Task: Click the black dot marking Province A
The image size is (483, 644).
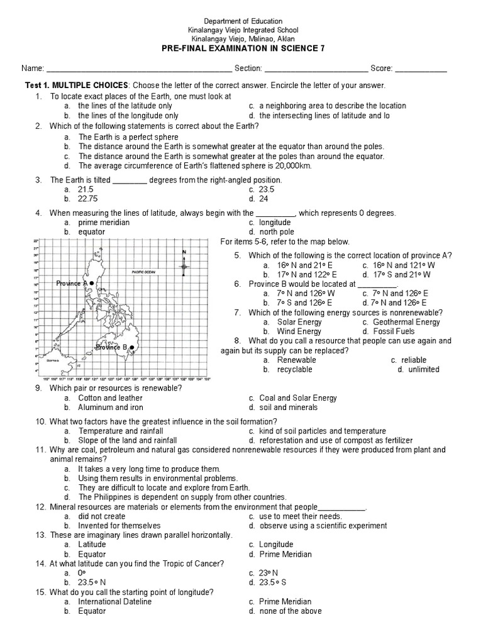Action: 92,284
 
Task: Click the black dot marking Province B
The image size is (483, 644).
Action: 131,347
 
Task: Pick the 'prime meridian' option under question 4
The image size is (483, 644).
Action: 104,223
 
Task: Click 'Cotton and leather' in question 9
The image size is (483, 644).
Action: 110,398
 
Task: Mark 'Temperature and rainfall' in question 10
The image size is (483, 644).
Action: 121,431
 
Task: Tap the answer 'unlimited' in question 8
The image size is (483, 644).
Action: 424,370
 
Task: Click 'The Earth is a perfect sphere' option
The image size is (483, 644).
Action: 128,137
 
